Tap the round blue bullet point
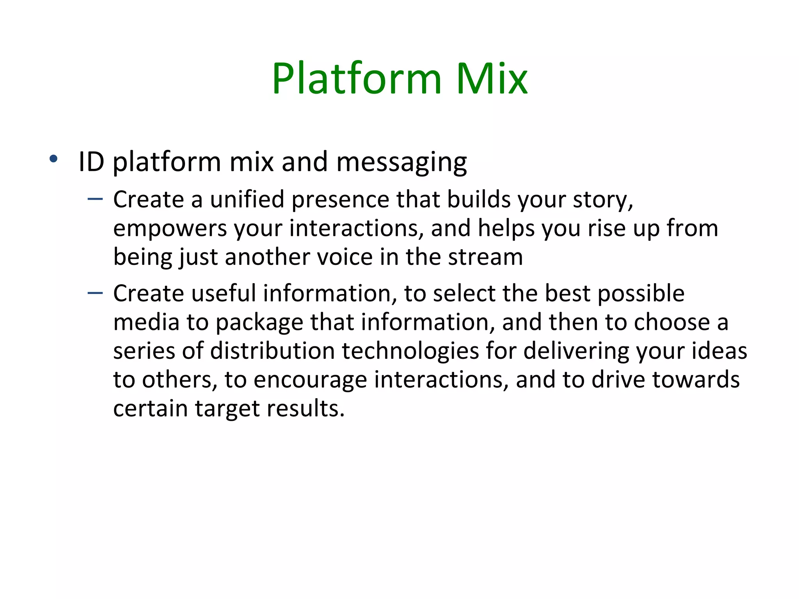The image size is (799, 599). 53,159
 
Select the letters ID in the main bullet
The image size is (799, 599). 91,161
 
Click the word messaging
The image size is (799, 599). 401,162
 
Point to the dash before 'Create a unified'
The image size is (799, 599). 95,199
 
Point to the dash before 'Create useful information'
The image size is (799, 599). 95,293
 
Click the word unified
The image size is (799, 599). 247,200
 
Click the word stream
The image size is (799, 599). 485,257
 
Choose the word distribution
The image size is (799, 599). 272,351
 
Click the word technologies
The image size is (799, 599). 410,351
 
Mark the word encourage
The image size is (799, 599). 310,380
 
